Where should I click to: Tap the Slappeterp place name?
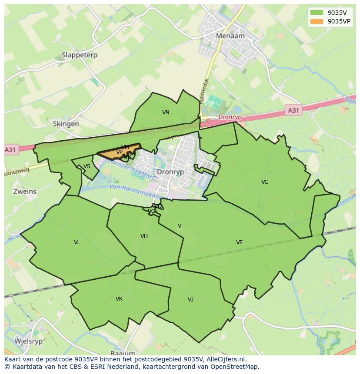80,55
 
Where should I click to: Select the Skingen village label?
66,124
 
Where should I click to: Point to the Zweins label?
25,192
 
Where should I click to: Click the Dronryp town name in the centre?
170,172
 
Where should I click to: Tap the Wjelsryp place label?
29,341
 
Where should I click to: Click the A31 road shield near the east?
293,110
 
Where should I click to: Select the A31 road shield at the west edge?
10,149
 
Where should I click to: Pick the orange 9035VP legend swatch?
317,21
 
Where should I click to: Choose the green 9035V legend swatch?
317,12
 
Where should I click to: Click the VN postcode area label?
166,113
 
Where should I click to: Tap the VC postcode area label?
265,182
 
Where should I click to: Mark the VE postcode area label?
239,242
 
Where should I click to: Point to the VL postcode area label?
77,242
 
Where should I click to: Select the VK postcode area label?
119,299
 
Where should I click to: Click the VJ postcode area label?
190,300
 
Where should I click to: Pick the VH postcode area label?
144,236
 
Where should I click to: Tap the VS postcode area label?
87,166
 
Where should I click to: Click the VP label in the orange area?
119,152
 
